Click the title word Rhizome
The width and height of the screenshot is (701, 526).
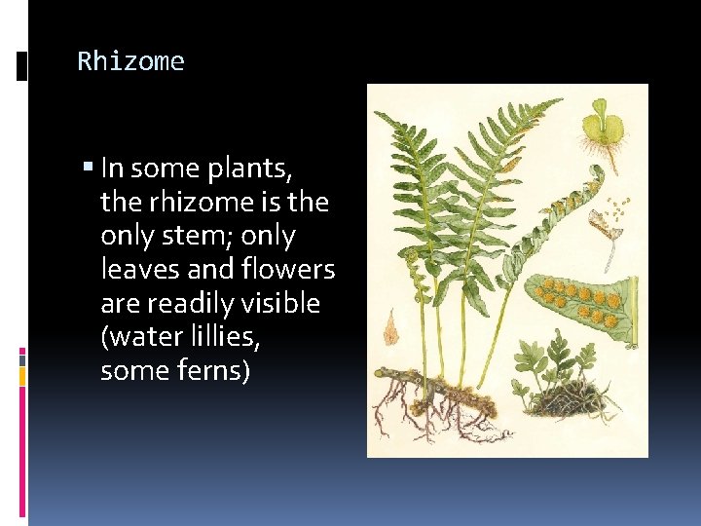click(130, 61)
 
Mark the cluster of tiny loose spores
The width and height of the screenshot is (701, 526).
click(616, 210)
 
